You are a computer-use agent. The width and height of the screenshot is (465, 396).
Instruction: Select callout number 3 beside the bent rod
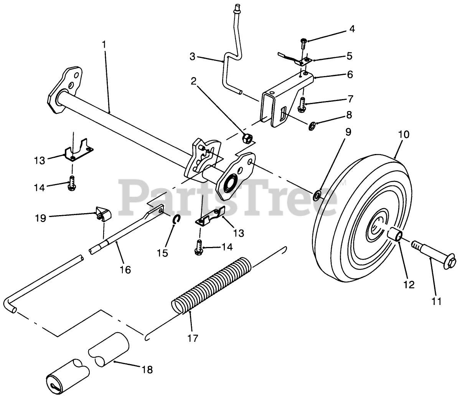point(193,57)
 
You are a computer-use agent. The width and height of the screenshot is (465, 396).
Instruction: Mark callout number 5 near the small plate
point(349,56)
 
